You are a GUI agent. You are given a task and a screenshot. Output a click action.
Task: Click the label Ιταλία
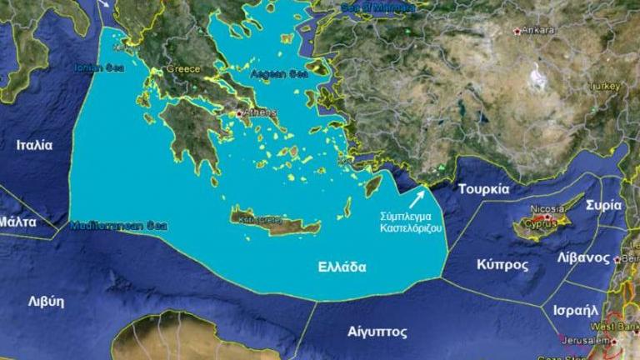coord(34,145)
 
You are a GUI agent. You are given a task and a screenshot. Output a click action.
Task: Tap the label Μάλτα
coord(17,222)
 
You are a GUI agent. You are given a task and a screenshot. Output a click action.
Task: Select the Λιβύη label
coord(46,302)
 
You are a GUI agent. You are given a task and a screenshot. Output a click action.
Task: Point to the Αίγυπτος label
coord(377,332)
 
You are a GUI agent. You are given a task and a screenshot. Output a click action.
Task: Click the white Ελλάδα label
coord(342,267)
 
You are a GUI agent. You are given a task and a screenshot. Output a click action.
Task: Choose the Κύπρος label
coord(502,264)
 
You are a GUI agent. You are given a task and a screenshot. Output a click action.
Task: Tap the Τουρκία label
coord(483,189)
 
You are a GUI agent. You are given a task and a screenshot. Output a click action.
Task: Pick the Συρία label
coord(603,205)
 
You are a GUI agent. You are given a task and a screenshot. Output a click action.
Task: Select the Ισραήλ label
coord(576,310)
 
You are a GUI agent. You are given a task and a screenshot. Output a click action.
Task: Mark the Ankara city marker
coord(517,31)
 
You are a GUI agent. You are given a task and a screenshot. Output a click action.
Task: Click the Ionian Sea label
coord(98,67)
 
